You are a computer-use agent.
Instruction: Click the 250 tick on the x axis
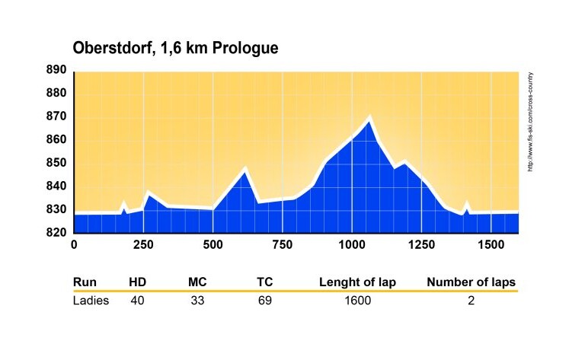point(143,244)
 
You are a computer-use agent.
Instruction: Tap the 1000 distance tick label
point(352,244)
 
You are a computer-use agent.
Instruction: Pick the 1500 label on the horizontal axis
point(491,244)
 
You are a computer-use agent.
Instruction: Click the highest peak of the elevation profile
point(369,118)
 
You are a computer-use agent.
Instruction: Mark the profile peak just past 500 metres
point(245,169)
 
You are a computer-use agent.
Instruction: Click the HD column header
point(138,282)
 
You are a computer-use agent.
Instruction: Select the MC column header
point(198,282)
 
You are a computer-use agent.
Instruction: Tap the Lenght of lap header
point(357,282)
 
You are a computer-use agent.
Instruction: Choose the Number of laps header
point(472,282)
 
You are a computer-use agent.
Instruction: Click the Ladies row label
point(91,301)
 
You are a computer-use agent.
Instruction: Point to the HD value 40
point(137,301)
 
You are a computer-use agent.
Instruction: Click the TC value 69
point(265,301)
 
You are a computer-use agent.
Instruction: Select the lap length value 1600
point(356,301)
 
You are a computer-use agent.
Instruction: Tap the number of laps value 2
point(472,301)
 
